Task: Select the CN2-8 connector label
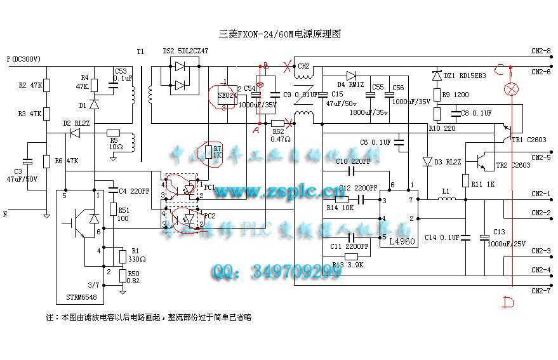pyautogui.click(x=540, y=51)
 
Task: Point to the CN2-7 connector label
pyautogui.click(x=540, y=290)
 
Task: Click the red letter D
pyautogui.click(x=508, y=302)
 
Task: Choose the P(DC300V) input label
pyautogui.click(x=23, y=58)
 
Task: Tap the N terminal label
pyautogui.click(x=5, y=214)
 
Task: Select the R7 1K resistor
pyautogui.click(x=210, y=152)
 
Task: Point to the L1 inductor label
pyautogui.click(x=446, y=190)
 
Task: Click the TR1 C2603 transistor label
pyautogui.click(x=528, y=140)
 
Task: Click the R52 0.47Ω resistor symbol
pyautogui.click(x=277, y=123)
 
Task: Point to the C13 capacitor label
pyautogui.click(x=499, y=232)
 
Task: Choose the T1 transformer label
pyautogui.click(x=140, y=51)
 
